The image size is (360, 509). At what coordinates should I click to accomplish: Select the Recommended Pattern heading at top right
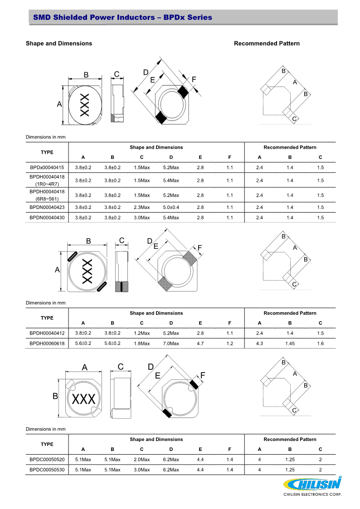[x=267, y=44]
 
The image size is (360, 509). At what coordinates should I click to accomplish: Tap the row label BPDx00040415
[x=47, y=168]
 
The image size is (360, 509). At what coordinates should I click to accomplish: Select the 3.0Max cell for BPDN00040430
[x=141, y=218]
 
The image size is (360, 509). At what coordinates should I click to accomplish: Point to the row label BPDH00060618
[x=47, y=344]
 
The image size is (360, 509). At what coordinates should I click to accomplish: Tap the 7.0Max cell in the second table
[x=171, y=344]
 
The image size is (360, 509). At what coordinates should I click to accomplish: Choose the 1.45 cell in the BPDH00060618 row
[x=290, y=344]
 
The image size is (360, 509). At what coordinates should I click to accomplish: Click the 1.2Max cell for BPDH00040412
[x=141, y=333]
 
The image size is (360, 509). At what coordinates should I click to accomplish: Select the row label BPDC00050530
[x=47, y=470]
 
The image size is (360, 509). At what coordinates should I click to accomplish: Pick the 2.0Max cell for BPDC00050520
[x=141, y=460]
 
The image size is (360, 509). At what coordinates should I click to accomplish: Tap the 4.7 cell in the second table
[x=200, y=344]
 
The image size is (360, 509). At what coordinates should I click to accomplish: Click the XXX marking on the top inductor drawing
[x=85, y=105]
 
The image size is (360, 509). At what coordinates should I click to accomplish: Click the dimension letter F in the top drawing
[x=194, y=79]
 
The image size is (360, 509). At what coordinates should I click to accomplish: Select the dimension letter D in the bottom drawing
[x=151, y=366]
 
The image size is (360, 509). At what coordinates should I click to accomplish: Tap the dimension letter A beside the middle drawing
[x=58, y=270]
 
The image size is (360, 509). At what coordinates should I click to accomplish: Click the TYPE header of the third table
[x=47, y=444]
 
